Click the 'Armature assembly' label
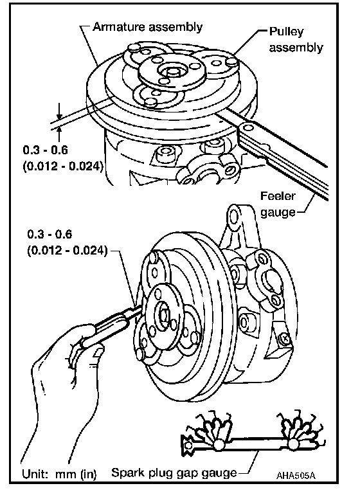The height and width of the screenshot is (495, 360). pos(147,27)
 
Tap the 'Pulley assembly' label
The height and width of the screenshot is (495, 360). pos(296,40)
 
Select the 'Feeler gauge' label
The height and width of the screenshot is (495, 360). pos(278,204)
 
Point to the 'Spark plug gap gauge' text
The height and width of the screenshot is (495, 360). pos(174,473)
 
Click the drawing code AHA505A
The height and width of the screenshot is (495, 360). pos(296,476)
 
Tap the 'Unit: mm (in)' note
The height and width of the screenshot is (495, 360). pos(59,474)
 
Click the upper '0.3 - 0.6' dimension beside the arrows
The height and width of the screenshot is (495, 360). pos(45,150)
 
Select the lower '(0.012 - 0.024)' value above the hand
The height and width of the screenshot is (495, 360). pos(67,251)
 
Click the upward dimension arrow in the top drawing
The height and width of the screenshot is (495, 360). pos(59,135)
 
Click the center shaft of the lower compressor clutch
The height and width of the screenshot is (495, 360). pos(164,315)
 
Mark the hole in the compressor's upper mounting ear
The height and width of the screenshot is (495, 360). pos(234,216)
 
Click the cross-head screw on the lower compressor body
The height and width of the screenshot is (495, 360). pos(285,339)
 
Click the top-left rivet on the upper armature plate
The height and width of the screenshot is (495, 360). pos(134,48)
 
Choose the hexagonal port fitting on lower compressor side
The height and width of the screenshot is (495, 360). pos(244,322)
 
